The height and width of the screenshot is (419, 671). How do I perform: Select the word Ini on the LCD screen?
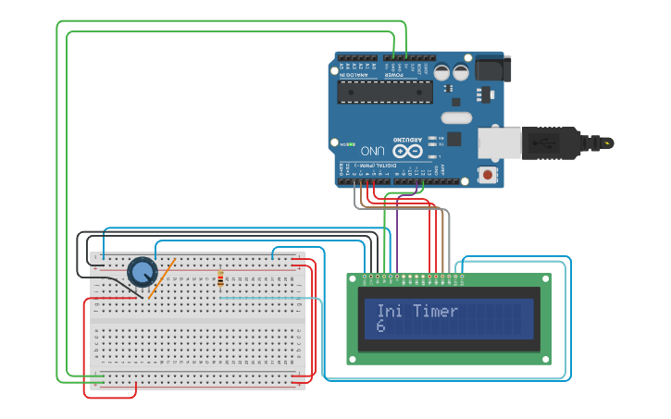pos(390,311)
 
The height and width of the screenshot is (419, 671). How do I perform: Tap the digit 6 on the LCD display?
pos(380,327)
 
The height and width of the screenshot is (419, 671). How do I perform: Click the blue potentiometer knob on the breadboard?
pos(142,271)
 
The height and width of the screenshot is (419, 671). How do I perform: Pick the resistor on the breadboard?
pos(220,278)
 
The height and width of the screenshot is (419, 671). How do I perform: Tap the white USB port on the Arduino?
pos(500,143)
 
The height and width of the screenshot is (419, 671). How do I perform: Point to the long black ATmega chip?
pos(385,91)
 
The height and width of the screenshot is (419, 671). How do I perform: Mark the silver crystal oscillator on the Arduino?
pos(456,117)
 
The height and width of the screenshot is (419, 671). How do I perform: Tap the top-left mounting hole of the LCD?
pos(353,278)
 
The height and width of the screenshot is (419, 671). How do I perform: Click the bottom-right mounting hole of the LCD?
pos(544,359)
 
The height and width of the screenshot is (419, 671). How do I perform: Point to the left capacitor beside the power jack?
pos(442,71)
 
